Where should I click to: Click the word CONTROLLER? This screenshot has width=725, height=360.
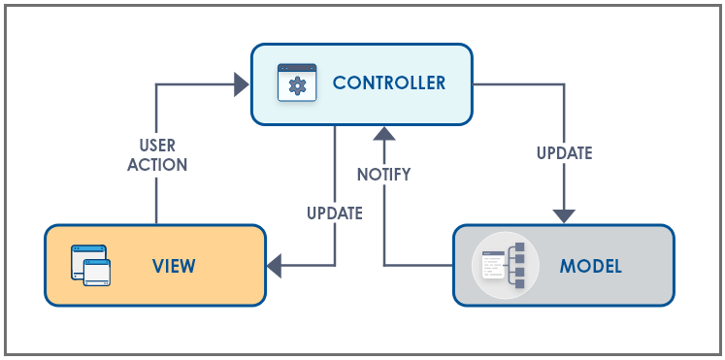[x=389, y=83]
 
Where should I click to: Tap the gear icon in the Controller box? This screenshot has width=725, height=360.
[x=297, y=84]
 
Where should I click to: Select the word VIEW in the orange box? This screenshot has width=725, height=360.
[x=174, y=266]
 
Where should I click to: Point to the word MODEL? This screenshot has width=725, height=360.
[x=590, y=266]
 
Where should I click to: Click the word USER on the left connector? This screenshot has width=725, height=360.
[x=156, y=146]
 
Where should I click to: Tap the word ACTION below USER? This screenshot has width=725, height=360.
[x=156, y=164]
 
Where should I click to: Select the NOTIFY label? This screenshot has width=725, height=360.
[x=383, y=175]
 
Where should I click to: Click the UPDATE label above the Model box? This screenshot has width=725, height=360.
[x=564, y=152]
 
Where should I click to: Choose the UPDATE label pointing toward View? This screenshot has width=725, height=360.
[x=335, y=213]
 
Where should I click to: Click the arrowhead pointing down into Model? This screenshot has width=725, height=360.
[x=564, y=215]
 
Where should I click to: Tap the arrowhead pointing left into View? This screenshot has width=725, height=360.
[x=276, y=265]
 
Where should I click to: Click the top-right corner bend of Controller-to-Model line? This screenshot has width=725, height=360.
[x=564, y=84]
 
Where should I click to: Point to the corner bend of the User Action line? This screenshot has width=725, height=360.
[x=156, y=84]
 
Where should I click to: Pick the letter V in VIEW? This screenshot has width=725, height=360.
[x=156, y=266]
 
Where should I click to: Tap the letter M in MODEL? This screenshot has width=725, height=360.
[x=567, y=266]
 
